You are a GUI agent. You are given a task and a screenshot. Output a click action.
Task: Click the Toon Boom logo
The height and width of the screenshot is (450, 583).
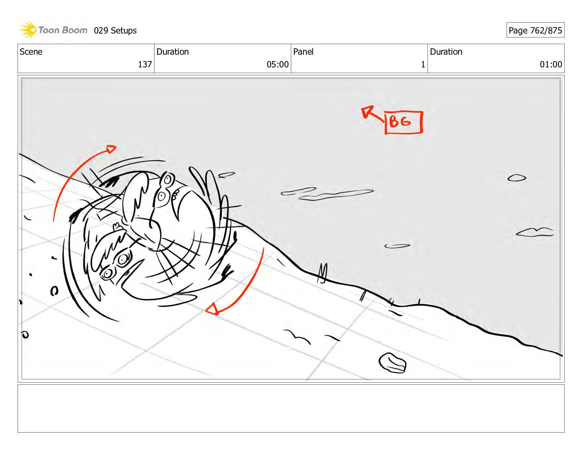pos(53,30)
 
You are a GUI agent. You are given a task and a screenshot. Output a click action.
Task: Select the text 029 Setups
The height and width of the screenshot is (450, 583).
pos(115,31)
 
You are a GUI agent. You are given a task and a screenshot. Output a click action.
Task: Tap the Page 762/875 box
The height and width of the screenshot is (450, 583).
pos(535,30)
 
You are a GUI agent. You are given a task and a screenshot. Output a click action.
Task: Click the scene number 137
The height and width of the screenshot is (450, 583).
pos(145,64)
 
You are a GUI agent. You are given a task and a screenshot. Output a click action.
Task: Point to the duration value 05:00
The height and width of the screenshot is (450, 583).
pos(277,64)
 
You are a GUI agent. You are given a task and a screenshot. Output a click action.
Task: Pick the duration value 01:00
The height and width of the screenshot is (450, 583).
pos(551,64)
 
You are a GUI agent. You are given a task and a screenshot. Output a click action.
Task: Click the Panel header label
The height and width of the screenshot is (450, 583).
pos(303,52)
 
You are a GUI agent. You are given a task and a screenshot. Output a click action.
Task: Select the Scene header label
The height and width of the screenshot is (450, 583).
pos(31,52)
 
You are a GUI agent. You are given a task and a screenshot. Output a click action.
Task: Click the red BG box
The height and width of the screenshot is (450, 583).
pos(404,122)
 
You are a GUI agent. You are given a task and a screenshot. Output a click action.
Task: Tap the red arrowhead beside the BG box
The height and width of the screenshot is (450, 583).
pos(366,111)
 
